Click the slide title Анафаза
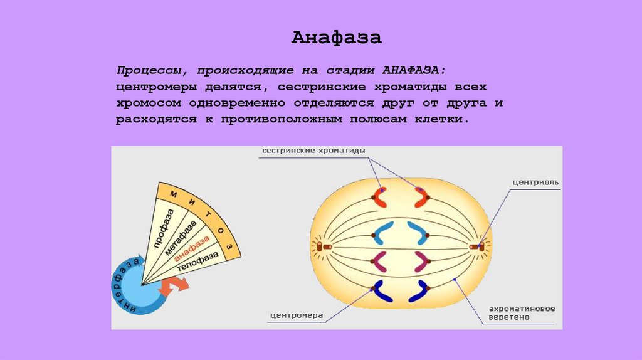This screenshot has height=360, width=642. pyautogui.click(x=336, y=38)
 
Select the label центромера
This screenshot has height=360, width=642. pyautogui.click(x=297, y=315)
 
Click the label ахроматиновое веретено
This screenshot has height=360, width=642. pyautogui.click(x=522, y=313)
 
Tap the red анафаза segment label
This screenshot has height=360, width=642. pyautogui.click(x=192, y=250)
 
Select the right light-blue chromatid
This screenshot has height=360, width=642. pyautogui.click(x=417, y=233)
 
